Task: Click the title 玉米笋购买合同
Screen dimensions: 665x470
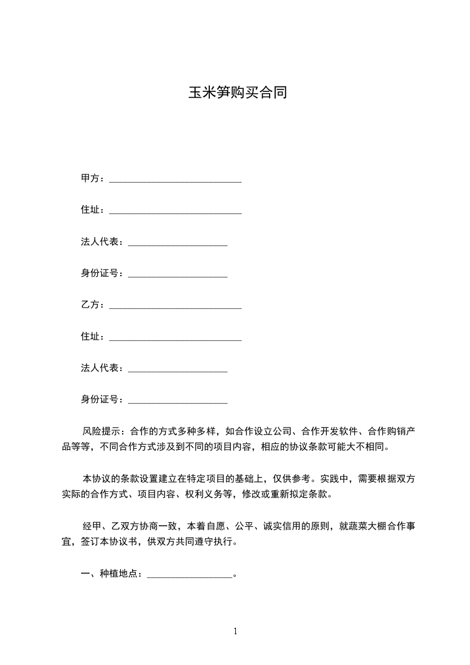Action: (x=237, y=93)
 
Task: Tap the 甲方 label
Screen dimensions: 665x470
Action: (x=90, y=178)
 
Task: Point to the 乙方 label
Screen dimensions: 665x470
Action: (x=90, y=305)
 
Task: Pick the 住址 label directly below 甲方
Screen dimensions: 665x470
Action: (x=90, y=210)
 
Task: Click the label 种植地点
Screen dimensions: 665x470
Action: (x=119, y=573)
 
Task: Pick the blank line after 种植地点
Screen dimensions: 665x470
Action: (x=189, y=576)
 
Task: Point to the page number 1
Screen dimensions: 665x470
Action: (x=235, y=631)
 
